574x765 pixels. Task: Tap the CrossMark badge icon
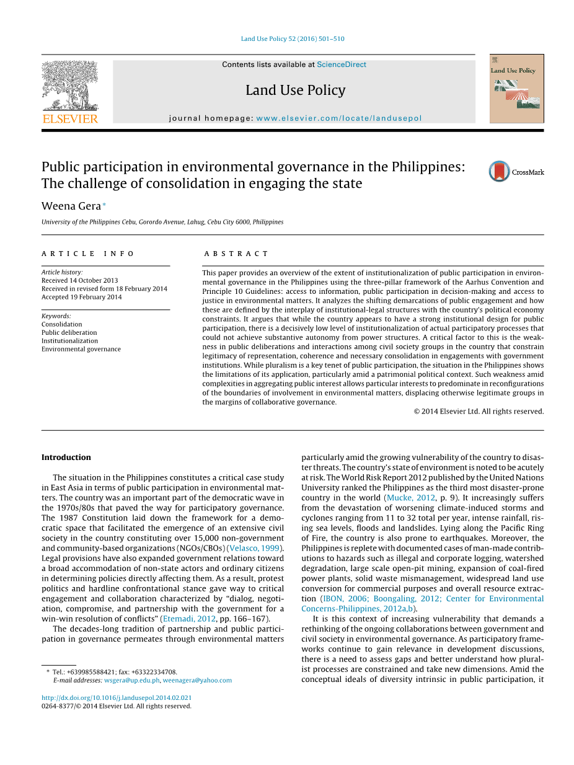point(499,172)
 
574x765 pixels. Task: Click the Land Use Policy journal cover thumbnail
point(516,89)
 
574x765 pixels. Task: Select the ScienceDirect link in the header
point(341,64)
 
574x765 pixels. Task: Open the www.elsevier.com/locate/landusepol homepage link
point(338,118)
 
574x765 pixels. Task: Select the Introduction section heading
point(66,458)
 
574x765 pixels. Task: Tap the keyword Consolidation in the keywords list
point(61,324)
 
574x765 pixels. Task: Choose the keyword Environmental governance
point(81,349)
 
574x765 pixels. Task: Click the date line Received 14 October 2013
point(79,280)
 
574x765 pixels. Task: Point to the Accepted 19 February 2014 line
point(81,297)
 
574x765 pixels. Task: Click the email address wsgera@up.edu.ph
point(131,680)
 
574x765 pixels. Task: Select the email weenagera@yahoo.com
point(197,680)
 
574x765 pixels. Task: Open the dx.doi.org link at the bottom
point(117,697)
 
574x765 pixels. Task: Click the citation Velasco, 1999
point(255,548)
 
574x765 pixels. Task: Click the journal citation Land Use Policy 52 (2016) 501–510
point(293,39)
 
